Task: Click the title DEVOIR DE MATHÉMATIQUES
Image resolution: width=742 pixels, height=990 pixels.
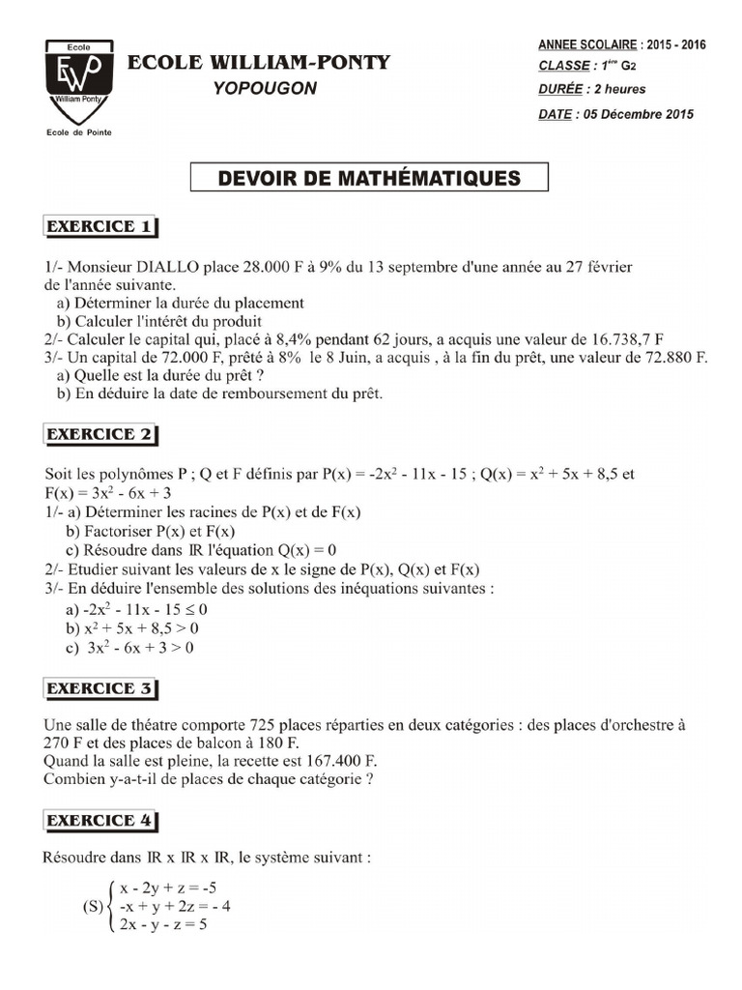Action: click(x=369, y=178)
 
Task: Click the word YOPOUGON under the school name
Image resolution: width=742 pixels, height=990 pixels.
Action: click(x=264, y=89)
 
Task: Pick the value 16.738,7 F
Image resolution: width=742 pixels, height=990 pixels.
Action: click(x=623, y=339)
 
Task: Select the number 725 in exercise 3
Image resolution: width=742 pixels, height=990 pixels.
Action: click(x=265, y=724)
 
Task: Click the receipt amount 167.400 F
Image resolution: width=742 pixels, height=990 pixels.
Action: click(x=331, y=761)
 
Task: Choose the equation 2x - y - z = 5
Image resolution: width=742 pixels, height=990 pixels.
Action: click(x=164, y=924)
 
